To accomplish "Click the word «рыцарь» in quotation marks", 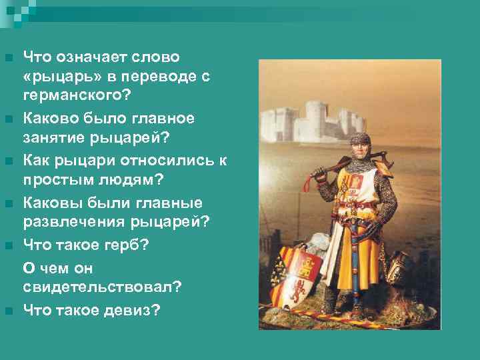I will [x=57, y=77].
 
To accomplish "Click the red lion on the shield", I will [x=297, y=291].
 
